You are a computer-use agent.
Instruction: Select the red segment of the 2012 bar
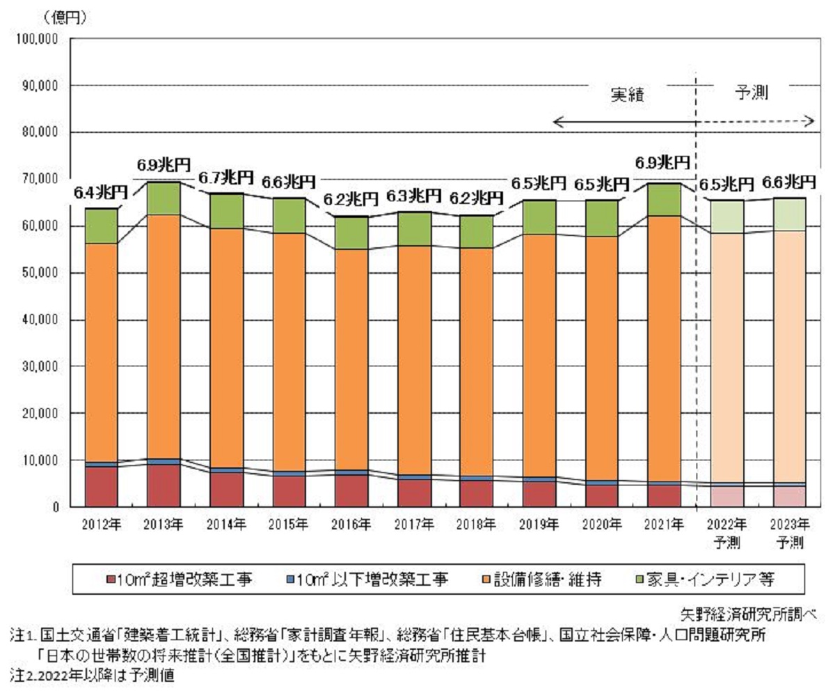coord(101,486)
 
